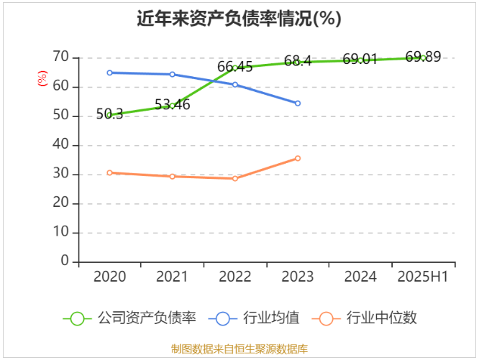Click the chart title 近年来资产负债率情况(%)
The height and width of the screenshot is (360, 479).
[239, 19]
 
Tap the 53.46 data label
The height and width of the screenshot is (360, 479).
[172, 105]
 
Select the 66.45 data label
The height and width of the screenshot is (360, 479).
[234, 67]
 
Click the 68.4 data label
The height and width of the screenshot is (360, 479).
[297, 61]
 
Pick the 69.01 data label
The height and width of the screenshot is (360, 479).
[360, 60]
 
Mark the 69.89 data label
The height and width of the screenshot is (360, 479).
[423, 57]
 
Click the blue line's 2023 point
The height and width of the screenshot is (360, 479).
[297, 103]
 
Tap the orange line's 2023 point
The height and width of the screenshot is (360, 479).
[297, 158]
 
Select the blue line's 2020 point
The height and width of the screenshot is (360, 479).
[109, 73]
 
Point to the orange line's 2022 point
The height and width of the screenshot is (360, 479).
[234, 178]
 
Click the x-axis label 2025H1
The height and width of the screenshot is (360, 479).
[423, 277]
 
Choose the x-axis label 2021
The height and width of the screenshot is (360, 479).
[172, 277]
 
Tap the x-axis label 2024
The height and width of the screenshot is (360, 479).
[360, 277]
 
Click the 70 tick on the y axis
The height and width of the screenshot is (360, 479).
[60, 57]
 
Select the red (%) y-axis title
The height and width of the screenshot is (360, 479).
[42, 79]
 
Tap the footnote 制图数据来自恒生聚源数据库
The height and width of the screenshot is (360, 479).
[239, 349]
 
